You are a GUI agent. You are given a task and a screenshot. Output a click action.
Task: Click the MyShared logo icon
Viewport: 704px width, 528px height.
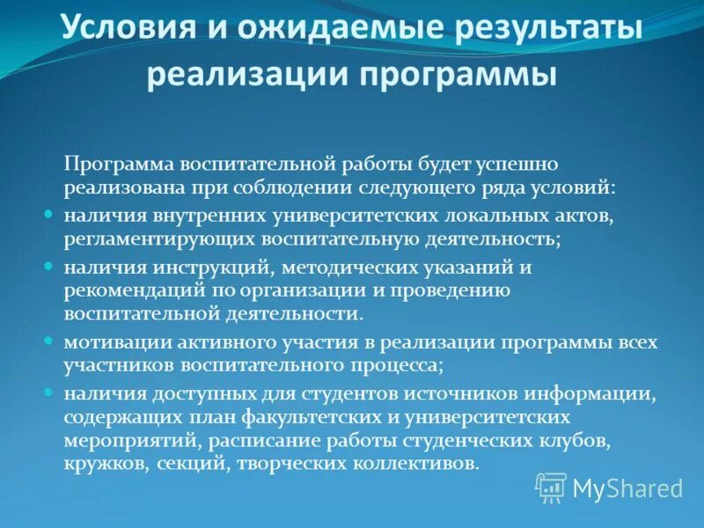tap(551, 487)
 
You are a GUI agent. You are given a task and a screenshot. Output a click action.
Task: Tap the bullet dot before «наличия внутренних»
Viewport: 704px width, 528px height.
tap(50, 215)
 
